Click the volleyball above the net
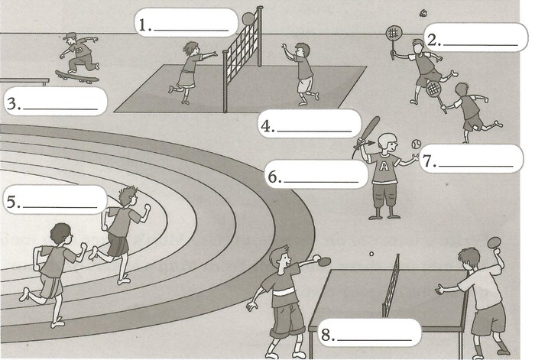click(x=248, y=18)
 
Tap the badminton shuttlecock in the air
click(x=424, y=13)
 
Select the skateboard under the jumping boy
click(x=77, y=76)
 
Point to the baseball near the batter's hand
click(x=417, y=144)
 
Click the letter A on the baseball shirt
click(x=384, y=166)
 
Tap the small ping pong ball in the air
click(x=371, y=254)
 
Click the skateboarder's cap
click(x=70, y=36)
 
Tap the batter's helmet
click(x=387, y=140)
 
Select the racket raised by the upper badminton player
click(x=394, y=41)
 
